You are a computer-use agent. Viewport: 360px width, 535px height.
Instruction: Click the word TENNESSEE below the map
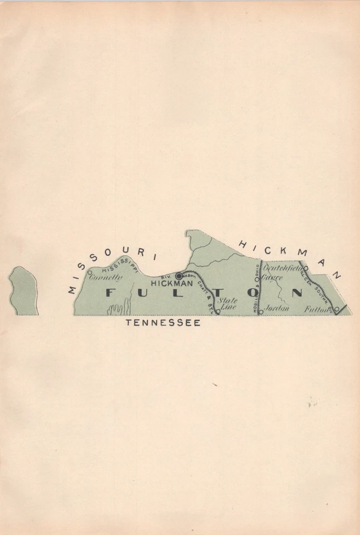tap(163, 323)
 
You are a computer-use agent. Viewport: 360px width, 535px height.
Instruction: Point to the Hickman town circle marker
tap(179, 276)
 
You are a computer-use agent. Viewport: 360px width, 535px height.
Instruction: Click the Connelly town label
tap(106, 278)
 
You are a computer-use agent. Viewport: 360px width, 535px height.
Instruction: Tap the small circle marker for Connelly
tap(90, 273)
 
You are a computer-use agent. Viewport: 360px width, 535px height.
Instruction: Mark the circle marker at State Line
tap(218, 312)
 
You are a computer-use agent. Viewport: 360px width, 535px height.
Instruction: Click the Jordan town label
tap(276, 307)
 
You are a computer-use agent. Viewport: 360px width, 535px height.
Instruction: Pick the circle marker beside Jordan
tap(260, 312)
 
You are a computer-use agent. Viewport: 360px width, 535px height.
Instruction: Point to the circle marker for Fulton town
tap(337, 309)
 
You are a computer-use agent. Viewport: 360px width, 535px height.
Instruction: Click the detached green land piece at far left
tap(24, 291)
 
